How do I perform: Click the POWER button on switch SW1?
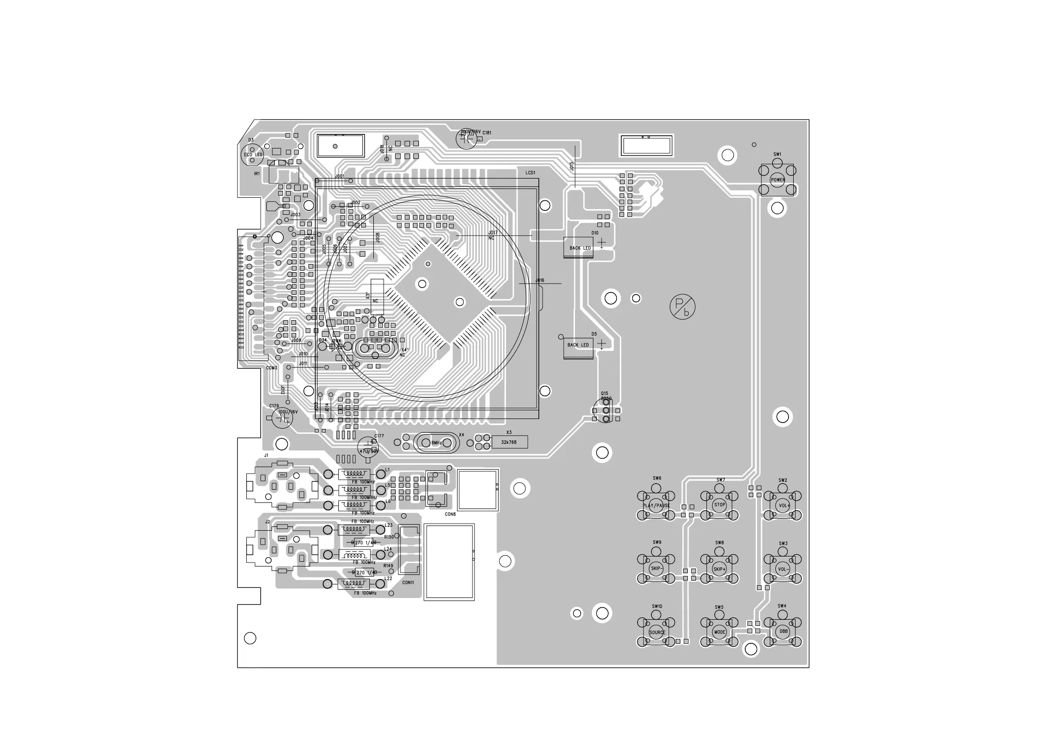[778, 180]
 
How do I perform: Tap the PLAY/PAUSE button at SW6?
[656, 505]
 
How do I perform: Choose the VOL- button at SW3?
[783, 569]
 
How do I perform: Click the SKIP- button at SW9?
[656, 569]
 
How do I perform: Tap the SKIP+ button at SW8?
[719, 569]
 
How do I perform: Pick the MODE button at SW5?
[719, 632]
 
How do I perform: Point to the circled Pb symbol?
[682, 307]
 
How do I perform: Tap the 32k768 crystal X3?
[509, 442]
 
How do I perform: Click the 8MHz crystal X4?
[436, 443]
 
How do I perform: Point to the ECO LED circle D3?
[252, 155]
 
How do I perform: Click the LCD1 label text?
[530, 173]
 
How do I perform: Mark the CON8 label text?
[450, 515]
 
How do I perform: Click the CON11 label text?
[408, 582]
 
